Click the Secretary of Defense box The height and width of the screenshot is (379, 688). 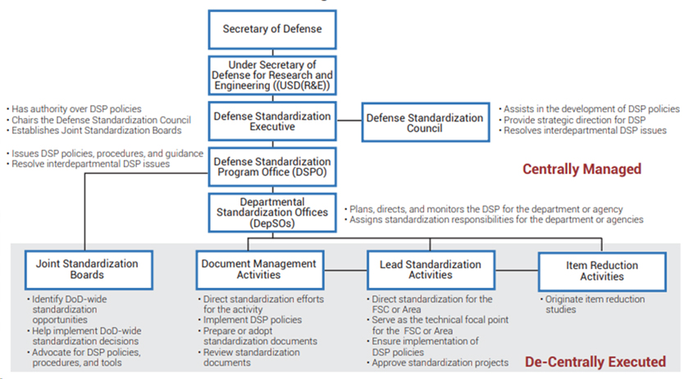click(272, 30)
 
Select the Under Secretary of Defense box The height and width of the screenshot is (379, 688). click(272, 75)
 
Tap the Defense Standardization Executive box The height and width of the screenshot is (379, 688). click(272, 121)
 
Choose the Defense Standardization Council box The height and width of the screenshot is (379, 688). click(425, 122)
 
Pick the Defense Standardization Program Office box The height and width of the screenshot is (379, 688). click(272, 167)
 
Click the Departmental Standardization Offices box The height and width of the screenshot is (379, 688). click(272, 212)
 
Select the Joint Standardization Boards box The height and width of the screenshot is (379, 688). click(89, 270)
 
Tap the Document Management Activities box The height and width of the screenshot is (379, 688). click(260, 270)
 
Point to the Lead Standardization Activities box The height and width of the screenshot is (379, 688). click(431, 270)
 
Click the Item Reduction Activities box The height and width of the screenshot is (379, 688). click(602, 272)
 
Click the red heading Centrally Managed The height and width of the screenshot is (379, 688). click(582, 169)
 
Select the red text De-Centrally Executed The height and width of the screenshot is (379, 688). click(595, 362)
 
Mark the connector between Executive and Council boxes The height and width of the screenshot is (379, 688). click(349, 121)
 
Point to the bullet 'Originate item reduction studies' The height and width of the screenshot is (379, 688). click(592, 304)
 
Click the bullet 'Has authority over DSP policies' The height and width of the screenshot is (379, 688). click(74, 109)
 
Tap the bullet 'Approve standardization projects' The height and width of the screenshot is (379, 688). click(438, 363)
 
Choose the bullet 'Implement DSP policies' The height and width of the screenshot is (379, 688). click(250, 320)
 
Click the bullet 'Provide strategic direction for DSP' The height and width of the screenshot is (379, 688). click(572, 120)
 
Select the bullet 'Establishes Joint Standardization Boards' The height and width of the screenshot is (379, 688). click(94, 130)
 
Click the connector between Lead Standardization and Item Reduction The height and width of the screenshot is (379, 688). click(517, 270)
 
